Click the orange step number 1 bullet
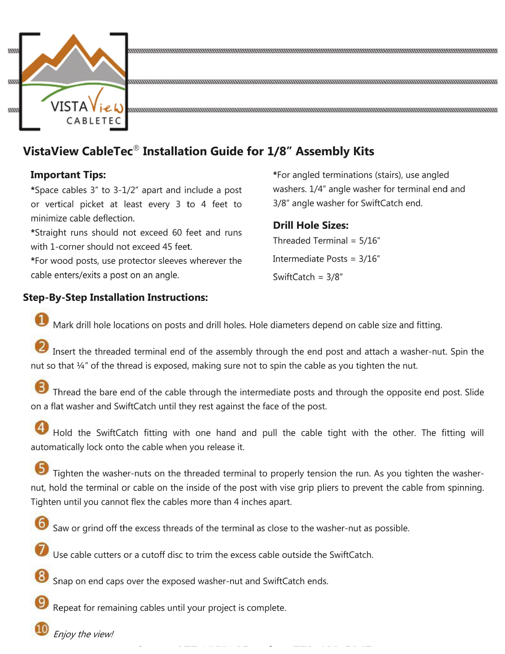pyautogui.click(x=42, y=320)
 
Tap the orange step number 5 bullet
pyautogui.click(x=42, y=468)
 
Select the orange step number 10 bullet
pyautogui.click(x=42, y=628)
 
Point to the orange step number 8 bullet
pyautogui.click(x=42, y=576)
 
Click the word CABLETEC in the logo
pyautogui.click(x=94, y=121)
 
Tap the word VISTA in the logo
pyautogui.click(x=69, y=107)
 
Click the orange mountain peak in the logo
pyautogui.click(x=74, y=39)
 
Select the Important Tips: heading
pyautogui.click(x=68, y=175)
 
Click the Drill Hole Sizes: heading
pyautogui.click(x=311, y=225)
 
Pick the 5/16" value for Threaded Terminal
pyautogui.click(x=369, y=240)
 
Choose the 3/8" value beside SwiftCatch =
pyautogui.click(x=334, y=277)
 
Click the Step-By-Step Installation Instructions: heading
pyautogui.click(x=116, y=297)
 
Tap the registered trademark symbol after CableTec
pyautogui.click(x=137, y=148)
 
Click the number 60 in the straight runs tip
pyautogui.click(x=177, y=232)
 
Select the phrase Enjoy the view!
pyautogui.click(x=83, y=634)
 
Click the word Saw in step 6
pyautogui.click(x=60, y=528)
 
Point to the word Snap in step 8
pyautogui.click(x=63, y=581)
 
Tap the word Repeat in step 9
pyautogui.click(x=67, y=608)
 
